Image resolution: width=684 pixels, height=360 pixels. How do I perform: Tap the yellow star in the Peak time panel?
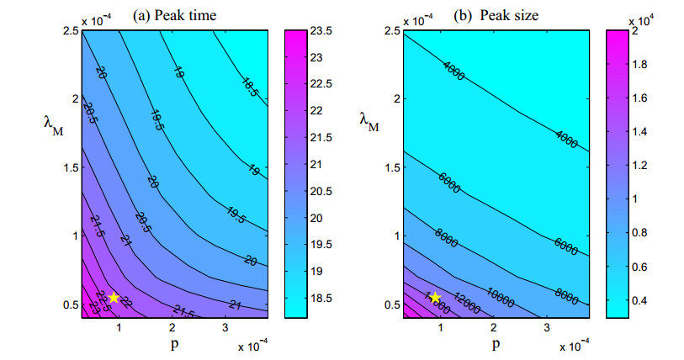[x=114, y=297]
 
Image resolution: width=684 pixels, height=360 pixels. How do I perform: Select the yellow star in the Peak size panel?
[x=436, y=298]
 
